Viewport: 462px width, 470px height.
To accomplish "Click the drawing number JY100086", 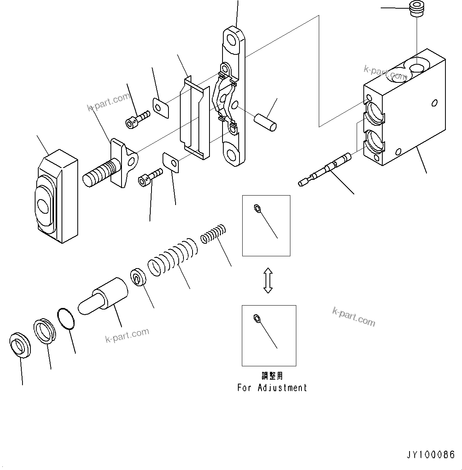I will click(x=431, y=455).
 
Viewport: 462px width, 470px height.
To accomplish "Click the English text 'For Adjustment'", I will click(x=272, y=388).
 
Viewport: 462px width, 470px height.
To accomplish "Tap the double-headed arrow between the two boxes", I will click(x=268, y=280).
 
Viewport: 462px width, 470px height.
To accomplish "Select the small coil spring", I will click(x=213, y=233).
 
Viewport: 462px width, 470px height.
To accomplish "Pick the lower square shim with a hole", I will click(x=171, y=163).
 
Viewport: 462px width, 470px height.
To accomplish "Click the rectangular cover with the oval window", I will click(x=57, y=196).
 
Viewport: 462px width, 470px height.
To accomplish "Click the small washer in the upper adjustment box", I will click(x=257, y=209).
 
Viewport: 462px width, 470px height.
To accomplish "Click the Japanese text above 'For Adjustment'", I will click(x=272, y=376).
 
